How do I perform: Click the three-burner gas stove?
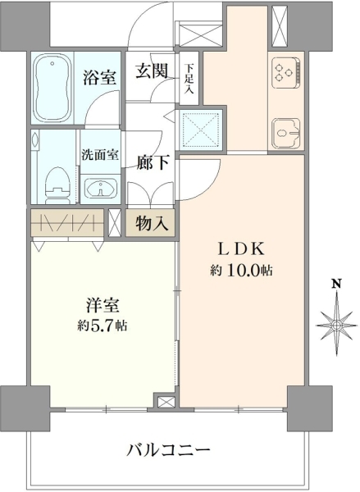point(285,73)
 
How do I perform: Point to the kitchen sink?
point(286,133)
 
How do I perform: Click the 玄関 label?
point(151,71)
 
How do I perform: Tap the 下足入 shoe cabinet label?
point(189,78)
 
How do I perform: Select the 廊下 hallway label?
point(153,162)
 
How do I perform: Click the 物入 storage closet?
point(150,223)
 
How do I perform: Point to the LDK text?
point(242,249)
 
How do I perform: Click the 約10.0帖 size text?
point(241,271)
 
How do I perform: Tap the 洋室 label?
point(103,305)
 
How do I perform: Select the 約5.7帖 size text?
point(103,326)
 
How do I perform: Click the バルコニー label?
point(168,451)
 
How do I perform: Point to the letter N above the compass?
point(337,284)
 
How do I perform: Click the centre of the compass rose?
point(337,325)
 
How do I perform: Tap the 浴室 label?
point(100,78)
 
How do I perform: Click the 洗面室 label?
point(100,155)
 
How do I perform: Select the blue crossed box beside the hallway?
point(201,129)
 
